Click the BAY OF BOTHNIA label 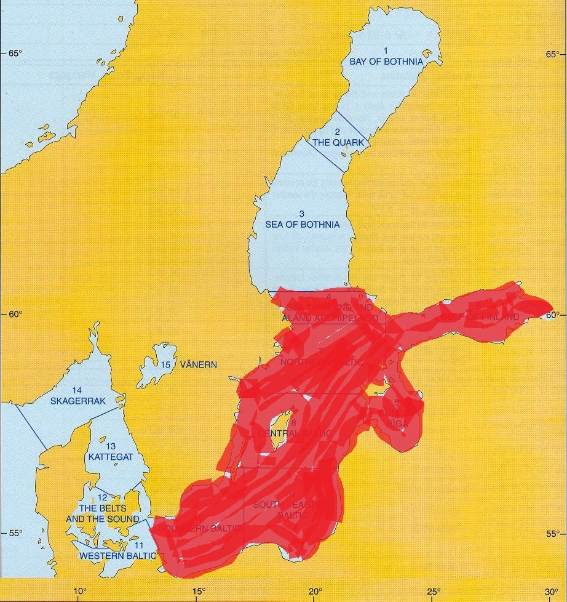(x=386, y=62)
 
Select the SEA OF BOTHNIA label (x=302, y=225)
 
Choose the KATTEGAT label (x=111, y=457)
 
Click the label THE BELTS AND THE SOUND (x=103, y=514)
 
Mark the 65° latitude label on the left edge (x=15, y=54)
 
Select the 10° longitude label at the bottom (x=79, y=592)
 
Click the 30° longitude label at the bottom (x=551, y=592)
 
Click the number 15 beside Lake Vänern (x=165, y=364)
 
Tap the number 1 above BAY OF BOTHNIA (x=386, y=50)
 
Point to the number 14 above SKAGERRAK (x=77, y=390)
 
